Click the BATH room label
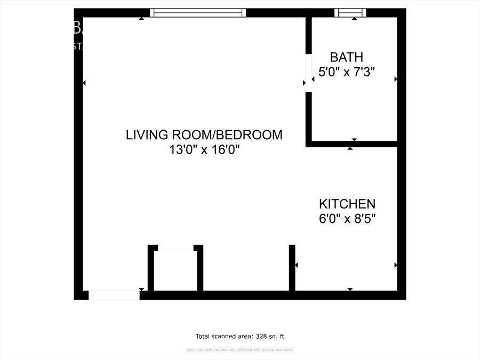pos(347,57)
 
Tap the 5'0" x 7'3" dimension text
pos(347,72)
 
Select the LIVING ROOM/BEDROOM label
pos(204,135)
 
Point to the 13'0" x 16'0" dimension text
pos(204,150)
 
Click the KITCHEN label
pos(347,204)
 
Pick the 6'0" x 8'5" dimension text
pos(347,219)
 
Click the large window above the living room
pos(198,13)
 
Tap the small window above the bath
pos(350,13)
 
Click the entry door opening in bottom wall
pos(114,295)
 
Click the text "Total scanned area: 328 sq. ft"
pos(240,336)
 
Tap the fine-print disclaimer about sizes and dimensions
pos(240,350)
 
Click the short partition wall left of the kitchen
pos(292,268)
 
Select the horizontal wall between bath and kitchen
pos(352,143)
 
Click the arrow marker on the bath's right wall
pos(396,79)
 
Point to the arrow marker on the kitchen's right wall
pos(396,265)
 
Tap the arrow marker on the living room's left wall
pos(84,83)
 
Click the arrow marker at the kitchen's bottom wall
pos(350,289)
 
